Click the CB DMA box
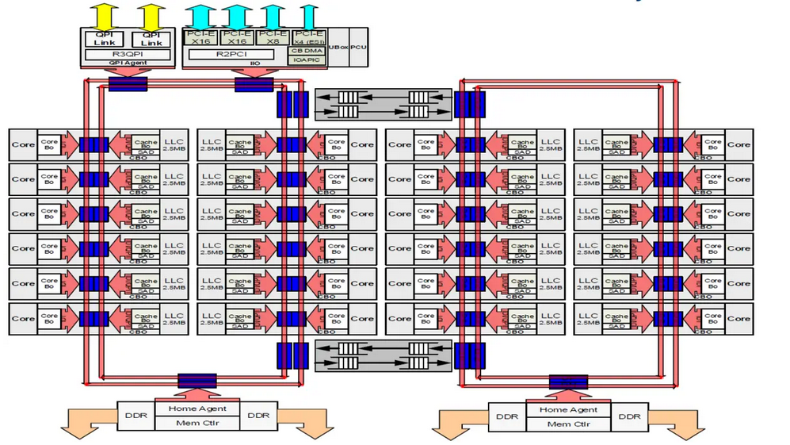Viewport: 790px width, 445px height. [308, 50]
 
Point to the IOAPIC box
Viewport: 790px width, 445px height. [308, 59]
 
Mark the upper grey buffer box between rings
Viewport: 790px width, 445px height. [384, 104]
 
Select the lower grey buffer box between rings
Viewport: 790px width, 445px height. [384, 355]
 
